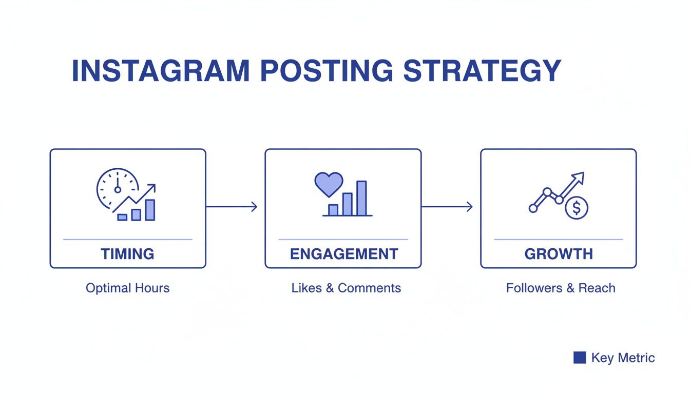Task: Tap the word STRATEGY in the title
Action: tap(482, 71)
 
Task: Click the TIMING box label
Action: tap(127, 254)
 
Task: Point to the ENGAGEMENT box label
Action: tap(343, 254)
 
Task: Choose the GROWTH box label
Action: tap(559, 254)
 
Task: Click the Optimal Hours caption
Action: tap(127, 288)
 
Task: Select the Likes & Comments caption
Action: tap(346, 288)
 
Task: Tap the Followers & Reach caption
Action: tap(561, 288)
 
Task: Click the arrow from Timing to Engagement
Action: tap(231, 207)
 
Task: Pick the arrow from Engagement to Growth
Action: tap(447, 207)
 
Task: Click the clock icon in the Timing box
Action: tap(117, 188)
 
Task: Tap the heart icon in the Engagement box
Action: tap(329, 184)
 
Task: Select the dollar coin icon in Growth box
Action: tap(577, 208)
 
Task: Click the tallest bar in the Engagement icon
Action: tap(361, 198)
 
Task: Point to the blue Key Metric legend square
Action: tap(580, 358)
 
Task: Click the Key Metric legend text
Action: tap(623, 358)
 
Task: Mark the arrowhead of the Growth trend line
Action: tap(580, 176)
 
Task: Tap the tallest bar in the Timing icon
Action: tap(150, 210)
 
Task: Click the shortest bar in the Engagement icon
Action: tap(333, 210)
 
